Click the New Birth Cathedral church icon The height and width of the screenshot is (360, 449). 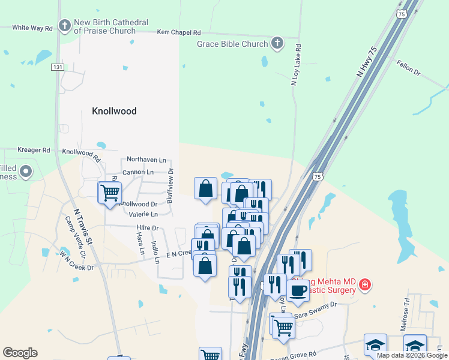[x=65, y=25]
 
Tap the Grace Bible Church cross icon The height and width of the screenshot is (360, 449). [x=277, y=43]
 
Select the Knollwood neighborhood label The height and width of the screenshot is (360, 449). [x=114, y=111]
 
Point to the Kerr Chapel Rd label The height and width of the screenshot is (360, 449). [x=178, y=32]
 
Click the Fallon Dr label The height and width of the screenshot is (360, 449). [x=409, y=67]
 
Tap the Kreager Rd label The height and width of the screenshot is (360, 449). [x=34, y=150]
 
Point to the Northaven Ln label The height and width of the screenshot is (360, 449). [x=146, y=160]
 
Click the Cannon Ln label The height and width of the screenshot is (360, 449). [x=138, y=172]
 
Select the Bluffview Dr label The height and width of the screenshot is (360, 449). [x=170, y=186]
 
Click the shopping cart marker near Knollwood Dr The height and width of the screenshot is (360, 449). [x=110, y=193]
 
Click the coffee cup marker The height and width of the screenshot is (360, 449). [x=298, y=291]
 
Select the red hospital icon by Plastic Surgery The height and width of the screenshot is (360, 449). [x=365, y=284]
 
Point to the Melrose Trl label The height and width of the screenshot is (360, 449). [x=405, y=314]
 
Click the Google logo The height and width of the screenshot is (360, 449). [x=20, y=353]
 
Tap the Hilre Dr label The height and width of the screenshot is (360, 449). [x=147, y=228]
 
